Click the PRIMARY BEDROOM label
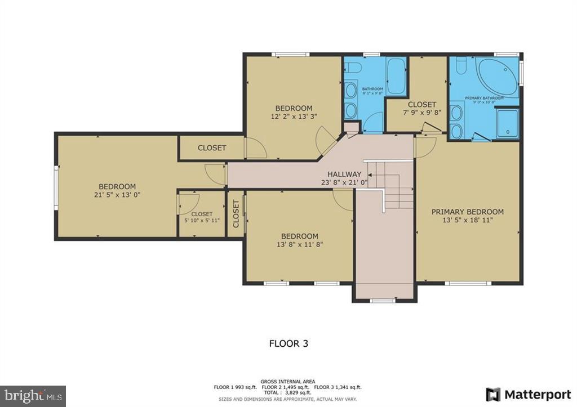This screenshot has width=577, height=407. [x=467, y=212]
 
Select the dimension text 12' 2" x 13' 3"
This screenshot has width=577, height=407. [x=294, y=117]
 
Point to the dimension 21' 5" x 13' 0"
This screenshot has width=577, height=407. [x=117, y=195]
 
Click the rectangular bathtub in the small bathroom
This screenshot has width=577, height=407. [x=396, y=76]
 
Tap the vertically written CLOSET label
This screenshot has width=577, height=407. [x=236, y=214]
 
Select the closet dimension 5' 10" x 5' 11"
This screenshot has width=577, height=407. [x=201, y=221]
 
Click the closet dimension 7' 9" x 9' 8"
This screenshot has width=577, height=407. [x=421, y=113]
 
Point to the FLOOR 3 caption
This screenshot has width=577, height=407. [x=288, y=342]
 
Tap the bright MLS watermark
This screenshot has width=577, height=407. [x=33, y=395]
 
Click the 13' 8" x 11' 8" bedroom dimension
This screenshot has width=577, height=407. [x=300, y=244]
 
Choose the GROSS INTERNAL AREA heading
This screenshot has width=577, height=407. [x=288, y=381]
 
